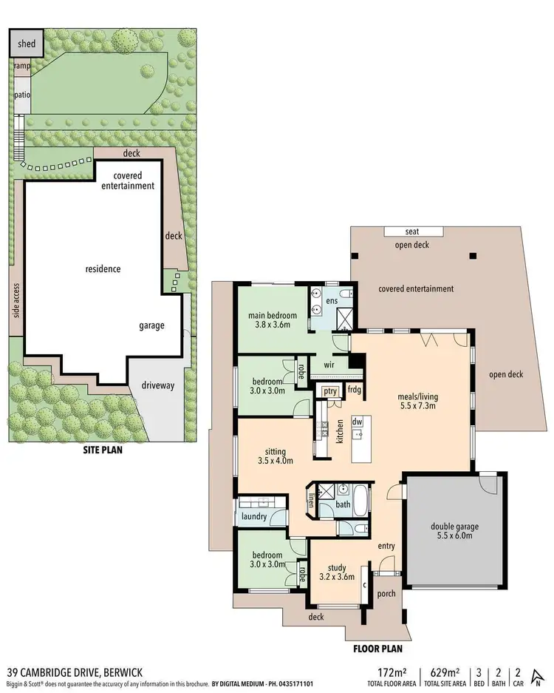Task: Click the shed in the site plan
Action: (27, 44)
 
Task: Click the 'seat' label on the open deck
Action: (412, 231)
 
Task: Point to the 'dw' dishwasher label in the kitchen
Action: (358, 422)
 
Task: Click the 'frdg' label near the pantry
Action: (355, 390)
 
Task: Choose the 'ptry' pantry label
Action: (329, 391)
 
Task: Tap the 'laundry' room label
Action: (253, 516)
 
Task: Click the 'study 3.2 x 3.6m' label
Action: (337, 572)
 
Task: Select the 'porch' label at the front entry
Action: (386, 593)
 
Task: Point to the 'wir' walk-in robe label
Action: (329, 365)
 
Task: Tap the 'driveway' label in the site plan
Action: (154, 386)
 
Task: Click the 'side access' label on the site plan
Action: (16, 302)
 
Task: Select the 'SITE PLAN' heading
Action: (102, 449)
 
